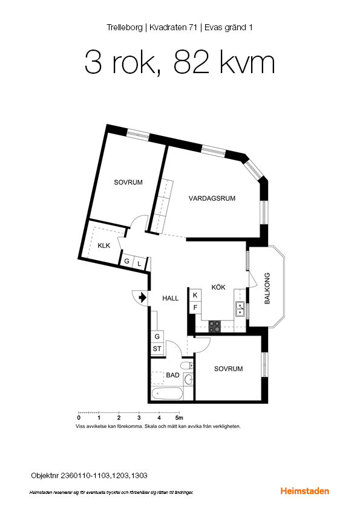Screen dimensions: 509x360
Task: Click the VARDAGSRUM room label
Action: [211, 198]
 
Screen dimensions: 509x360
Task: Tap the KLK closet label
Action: [103, 245]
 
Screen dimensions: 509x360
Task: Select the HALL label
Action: [171, 298]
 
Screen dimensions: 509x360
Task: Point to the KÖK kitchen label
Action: [218, 287]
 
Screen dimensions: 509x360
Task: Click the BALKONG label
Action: [267, 288]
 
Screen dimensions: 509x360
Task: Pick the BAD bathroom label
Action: [172, 375]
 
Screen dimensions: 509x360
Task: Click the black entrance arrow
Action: [142, 297]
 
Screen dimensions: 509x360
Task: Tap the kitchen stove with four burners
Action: [215, 326]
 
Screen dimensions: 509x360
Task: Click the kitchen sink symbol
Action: [240, 310]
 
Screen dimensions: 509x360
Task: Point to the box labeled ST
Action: [157, 349]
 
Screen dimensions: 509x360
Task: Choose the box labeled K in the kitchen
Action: [195, 295]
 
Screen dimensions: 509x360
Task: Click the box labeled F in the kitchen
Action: [195, 308]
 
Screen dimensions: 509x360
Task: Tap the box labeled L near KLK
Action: [139, 263]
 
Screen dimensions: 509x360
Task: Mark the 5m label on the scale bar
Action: [179, 418]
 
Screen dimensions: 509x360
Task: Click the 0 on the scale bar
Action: [79, 418]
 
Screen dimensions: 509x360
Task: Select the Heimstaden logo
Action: [305, 491]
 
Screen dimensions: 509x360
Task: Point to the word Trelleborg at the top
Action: [124, 27]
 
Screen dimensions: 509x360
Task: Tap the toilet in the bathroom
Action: [186, 365]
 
